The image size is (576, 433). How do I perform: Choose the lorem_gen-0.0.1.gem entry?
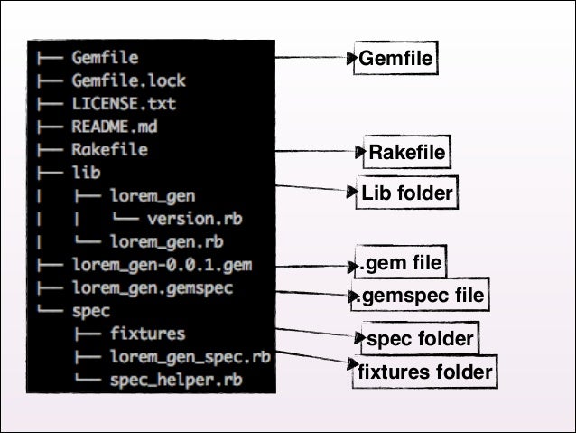(x=162, y=265)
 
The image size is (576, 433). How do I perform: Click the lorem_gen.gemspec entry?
(x=151, y=288)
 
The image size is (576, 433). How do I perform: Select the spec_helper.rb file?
(x=175, y=381)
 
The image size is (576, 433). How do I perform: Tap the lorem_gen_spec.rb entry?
(x=190, y=357)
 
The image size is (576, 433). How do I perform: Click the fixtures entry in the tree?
(x=147, y=334)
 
